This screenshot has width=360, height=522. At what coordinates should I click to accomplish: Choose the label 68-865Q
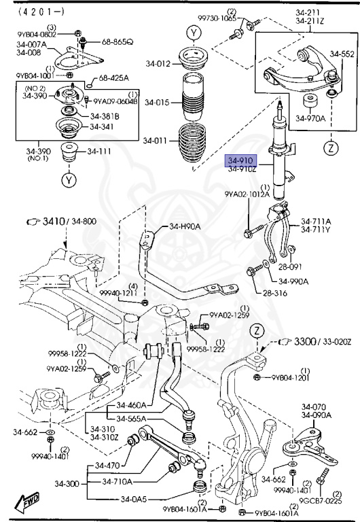pos(118,41)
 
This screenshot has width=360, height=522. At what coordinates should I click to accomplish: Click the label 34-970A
pos(312,119)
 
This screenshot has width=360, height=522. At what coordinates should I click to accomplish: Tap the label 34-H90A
pos(183,226)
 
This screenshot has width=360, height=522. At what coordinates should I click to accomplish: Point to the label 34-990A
pos(293,281)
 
